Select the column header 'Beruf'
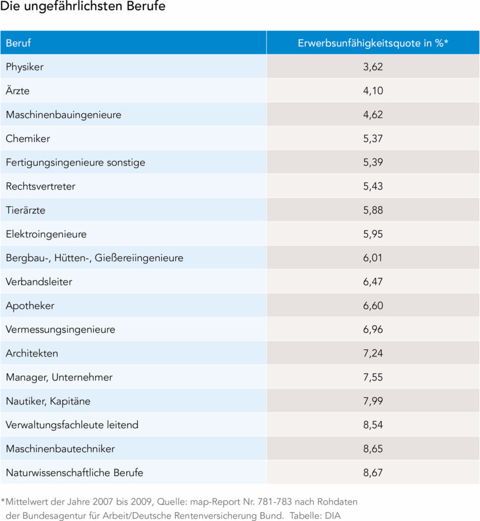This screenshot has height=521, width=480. [18, 43]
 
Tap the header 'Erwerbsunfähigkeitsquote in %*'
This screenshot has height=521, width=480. [373, 43]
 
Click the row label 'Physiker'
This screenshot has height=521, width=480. [25, 67]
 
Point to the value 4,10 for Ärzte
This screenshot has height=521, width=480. [373, 91]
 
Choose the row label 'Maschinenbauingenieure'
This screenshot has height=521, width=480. [63, 115]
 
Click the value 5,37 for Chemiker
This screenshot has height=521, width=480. [373, 138]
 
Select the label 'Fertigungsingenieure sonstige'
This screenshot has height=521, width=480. [75, 163]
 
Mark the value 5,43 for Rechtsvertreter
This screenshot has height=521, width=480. [373, 186]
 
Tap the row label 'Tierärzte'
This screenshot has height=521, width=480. [26, 210]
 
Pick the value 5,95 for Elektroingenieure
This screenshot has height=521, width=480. [373, 234]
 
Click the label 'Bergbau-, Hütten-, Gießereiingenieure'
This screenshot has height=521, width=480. [94, 258]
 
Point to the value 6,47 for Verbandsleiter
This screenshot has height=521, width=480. [373, 282]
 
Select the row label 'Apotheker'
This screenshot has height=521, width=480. [30, 306]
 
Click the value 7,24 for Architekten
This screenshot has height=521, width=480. [373, 353]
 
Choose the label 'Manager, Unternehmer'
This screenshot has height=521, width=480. [59, 377]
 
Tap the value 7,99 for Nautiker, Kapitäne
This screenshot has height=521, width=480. [373, 401]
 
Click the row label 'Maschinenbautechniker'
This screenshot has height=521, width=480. [60, 448]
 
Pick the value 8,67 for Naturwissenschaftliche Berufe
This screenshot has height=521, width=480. [373, 473]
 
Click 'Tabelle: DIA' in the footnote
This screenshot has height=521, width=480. [325, 515]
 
